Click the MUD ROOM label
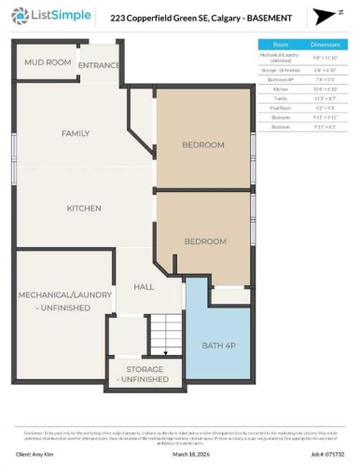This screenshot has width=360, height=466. (46, 63)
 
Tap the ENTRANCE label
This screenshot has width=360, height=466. (98, 65)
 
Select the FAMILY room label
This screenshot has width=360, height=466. (76, 133)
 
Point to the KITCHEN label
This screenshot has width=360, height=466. (83, 208)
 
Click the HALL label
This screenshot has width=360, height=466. (143, 286)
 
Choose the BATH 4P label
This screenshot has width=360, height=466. (219, 346)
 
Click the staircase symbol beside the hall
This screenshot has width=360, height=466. (165, 333)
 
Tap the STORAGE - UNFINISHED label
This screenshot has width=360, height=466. (144, 375)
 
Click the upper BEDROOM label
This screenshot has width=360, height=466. (203, 144)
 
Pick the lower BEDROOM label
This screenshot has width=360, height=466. (205, 241)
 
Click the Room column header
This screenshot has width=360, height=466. (280, 44)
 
